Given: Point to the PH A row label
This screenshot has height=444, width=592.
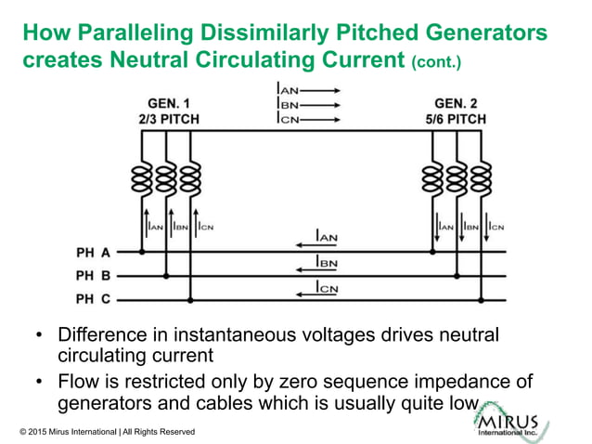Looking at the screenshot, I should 93,252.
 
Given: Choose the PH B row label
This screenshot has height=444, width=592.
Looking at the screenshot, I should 93,276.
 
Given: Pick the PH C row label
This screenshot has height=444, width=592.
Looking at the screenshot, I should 93,299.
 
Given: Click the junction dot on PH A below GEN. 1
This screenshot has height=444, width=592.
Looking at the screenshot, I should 142,252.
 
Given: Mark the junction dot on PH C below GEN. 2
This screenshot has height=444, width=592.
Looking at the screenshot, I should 482,300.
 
